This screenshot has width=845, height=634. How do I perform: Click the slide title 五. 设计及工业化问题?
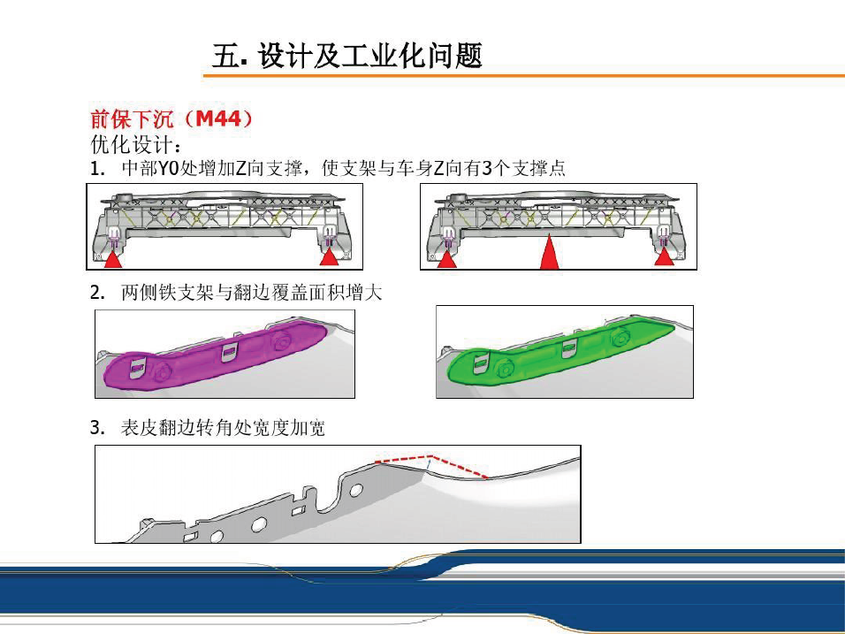click(346, 56)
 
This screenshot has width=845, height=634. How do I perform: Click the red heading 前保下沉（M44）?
click(171, 118)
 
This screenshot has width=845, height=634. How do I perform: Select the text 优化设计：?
click(136, 144)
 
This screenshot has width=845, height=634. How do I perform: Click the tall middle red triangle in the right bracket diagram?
click(549, 252)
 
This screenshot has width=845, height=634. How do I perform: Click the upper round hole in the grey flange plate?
click(356, 491)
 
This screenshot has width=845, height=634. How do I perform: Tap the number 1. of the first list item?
click(97, 169)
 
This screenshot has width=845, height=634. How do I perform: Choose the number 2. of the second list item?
click(97, 294)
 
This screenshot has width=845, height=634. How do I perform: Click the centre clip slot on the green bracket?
click(568, 348)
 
